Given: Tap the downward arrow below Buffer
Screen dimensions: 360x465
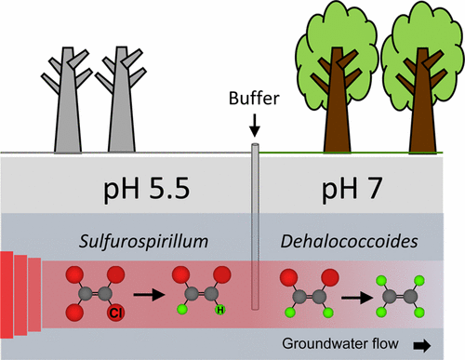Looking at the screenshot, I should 254,127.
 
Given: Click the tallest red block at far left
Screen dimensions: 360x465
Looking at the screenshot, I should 7,298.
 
